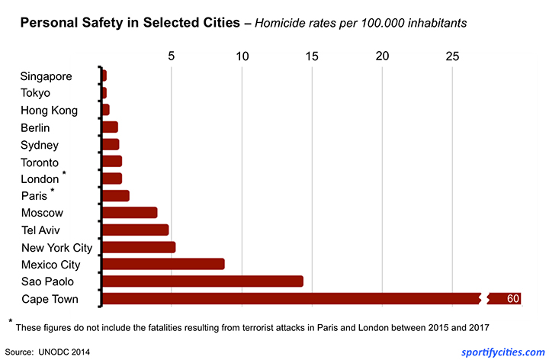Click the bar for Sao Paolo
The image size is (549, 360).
202,281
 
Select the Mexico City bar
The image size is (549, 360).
162,264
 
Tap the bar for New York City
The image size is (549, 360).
138,247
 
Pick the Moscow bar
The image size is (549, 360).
129,213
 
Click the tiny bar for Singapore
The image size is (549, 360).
104,76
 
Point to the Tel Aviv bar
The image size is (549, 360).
135,230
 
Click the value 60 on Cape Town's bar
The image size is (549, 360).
512,298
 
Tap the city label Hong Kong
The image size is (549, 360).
49,110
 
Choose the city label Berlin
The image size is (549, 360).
35,127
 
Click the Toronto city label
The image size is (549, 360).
40,162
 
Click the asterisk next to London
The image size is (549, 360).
64,175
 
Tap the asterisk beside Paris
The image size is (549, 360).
53,191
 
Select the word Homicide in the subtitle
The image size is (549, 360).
281,23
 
